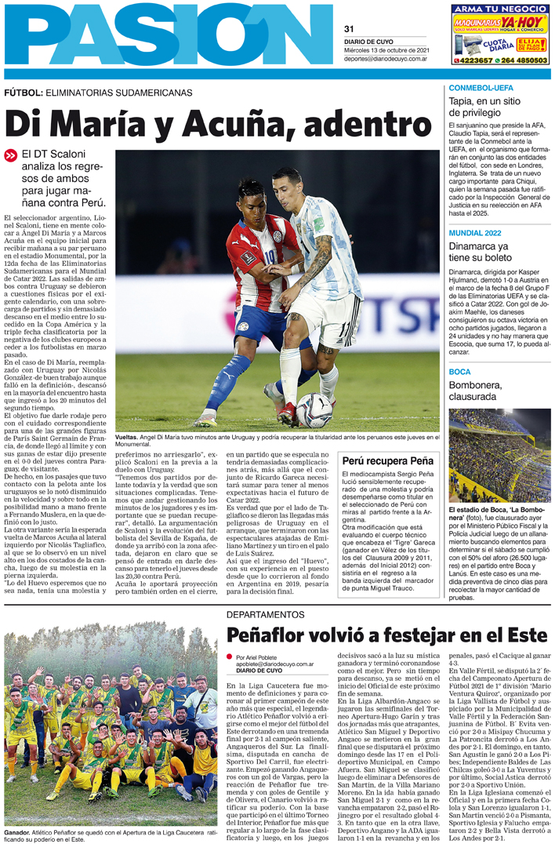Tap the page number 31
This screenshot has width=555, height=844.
[350, 30]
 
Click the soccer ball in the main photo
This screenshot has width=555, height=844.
[314, 409]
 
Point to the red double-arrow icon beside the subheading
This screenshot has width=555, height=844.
[10, 155]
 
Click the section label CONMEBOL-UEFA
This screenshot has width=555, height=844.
[481, 88]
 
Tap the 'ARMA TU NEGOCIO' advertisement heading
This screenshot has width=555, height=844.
[499, 9]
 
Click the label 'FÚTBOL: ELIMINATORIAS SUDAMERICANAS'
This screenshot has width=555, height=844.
[98, 92]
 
